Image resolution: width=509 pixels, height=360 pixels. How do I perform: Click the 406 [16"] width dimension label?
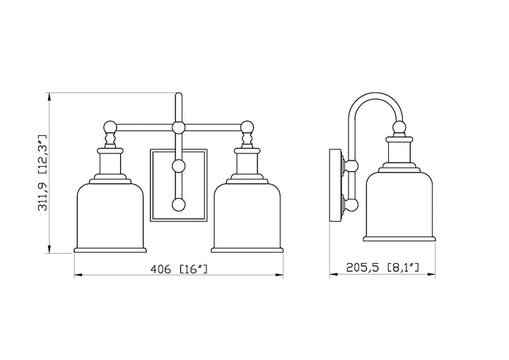[179, 269]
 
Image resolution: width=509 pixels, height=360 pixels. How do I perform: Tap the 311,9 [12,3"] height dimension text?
[43, 173]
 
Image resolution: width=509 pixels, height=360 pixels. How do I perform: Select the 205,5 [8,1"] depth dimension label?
[382, 267]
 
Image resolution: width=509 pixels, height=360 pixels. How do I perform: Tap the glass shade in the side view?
[399, 207]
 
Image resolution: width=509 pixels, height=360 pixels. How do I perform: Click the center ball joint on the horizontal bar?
[178, 127]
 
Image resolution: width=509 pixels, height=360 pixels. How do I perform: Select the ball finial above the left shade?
[110, 127]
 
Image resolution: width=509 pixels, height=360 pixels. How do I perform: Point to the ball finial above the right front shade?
[247, 127]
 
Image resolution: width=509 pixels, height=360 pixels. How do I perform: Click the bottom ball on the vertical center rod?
[178, 204]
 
